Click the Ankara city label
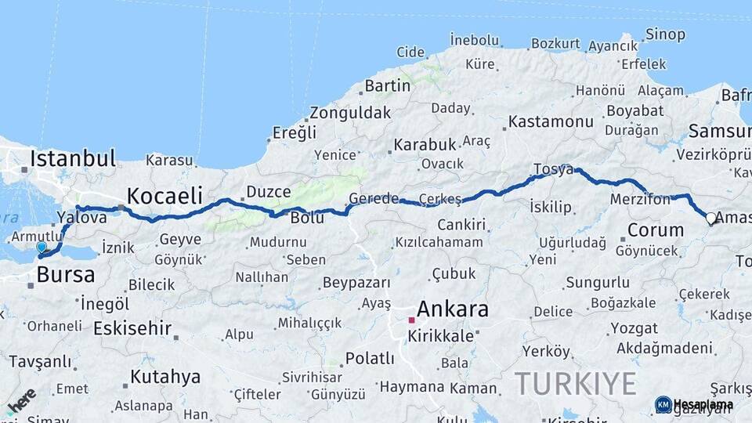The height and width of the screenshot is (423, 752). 453,309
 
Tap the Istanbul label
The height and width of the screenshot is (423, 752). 72,158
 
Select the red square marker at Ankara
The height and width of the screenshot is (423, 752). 411,320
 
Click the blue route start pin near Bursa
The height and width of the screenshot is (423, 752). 42,247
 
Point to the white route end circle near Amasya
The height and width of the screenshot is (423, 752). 711,219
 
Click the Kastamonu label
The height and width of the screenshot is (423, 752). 551,121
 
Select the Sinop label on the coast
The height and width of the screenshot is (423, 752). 665,34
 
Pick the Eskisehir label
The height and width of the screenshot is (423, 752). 132,328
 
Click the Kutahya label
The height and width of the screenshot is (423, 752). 165,377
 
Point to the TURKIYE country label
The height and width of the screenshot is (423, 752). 575,384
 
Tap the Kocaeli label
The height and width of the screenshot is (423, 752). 164,195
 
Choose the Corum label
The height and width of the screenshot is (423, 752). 645,231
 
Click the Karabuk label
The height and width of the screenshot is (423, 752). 425,144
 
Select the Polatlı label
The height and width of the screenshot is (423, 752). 370,359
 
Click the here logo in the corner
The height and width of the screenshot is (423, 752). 20,401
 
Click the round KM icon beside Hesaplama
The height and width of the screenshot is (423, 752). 663,404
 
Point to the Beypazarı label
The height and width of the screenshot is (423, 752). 356,282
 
